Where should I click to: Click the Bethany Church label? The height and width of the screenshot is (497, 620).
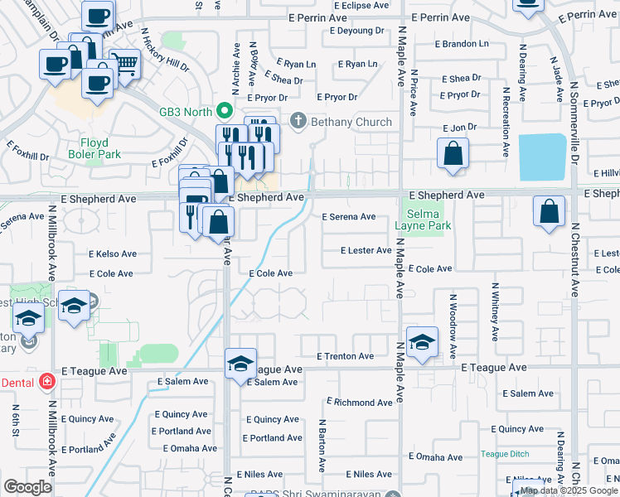(351, 122)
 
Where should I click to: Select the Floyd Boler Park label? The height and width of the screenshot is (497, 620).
(94, 148)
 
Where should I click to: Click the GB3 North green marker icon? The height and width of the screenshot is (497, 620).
(223, 109)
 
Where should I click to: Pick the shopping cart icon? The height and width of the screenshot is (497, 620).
(125, 62)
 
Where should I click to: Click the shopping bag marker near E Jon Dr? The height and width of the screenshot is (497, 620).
(453, 153)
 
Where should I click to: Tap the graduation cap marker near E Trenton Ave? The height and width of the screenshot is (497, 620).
(422, 342)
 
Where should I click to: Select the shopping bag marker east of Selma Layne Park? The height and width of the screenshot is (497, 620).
(549, 211)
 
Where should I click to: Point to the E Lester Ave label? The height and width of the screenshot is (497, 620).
(366, 250)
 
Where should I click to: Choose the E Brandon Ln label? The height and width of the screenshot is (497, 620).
(461, 43)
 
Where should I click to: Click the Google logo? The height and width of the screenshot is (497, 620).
(27, 487)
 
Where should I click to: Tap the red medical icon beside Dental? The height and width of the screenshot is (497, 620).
(48, 383)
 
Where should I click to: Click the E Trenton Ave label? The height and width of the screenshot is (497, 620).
(346, 356)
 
